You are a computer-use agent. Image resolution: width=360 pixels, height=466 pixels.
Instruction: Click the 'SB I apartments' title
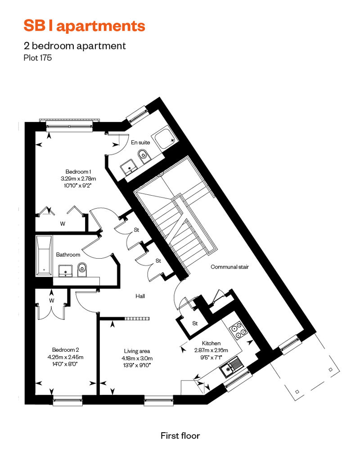85,26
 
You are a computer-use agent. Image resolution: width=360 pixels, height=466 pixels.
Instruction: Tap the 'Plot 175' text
37,58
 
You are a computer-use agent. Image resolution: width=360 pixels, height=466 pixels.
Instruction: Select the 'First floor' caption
180,436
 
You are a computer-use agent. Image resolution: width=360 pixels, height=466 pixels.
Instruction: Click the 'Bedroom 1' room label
78,171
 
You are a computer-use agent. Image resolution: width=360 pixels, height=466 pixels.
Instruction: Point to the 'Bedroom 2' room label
65,350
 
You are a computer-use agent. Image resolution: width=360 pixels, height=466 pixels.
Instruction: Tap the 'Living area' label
137,351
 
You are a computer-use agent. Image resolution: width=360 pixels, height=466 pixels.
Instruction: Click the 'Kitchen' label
211,343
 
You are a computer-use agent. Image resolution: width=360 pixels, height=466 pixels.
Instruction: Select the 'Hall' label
140,296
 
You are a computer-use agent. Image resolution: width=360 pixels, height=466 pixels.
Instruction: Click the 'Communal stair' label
229,267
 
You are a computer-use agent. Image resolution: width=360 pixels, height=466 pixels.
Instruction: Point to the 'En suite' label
140,142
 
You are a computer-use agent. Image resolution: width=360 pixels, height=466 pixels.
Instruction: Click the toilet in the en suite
144,157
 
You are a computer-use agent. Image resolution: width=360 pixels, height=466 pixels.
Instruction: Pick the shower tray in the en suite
164,139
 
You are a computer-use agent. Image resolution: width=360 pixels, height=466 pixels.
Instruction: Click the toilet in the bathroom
82,269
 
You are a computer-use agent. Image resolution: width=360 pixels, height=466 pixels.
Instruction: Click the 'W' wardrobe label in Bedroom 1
63,224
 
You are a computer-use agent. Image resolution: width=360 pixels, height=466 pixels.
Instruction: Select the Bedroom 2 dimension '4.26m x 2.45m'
65,357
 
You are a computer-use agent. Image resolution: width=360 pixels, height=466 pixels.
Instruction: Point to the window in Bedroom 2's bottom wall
68,400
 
